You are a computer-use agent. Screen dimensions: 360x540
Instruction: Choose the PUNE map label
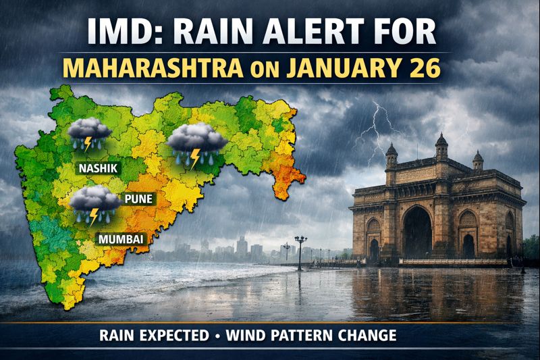(x=138, y=199)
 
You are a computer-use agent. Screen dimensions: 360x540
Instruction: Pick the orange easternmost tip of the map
(x=298, y=175)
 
